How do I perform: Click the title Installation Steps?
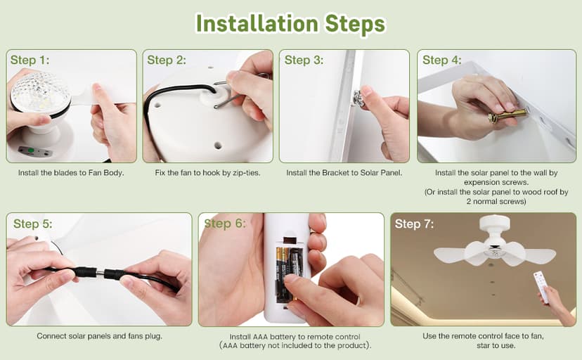click(x=290, y=24)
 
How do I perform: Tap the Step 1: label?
click(x=30, y=60)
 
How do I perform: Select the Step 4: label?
click(x=441, y=60)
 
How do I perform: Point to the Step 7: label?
click(x=414, y=224)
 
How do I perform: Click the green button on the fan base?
click(x=31, y=150)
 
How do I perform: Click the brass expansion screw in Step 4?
click(x=507, y=115)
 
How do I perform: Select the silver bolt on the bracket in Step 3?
click(x=358, y=98)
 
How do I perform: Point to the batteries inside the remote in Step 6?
click(x=289, y=274)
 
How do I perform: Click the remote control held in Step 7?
click(x=541, y=286)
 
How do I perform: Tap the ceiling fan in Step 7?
click(x=495, y=243)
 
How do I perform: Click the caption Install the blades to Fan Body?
click(x=71, y=172)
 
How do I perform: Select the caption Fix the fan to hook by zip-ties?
click(x=207, y=172)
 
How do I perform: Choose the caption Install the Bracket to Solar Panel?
click(x=344, y=172)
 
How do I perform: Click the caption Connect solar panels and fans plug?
click(x=100, y=336)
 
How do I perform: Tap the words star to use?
click(x=496, y=345)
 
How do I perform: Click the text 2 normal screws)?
click(x=496, y=202)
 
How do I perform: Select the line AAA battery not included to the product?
click(x=295, y=346)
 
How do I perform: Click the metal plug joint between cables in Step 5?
click(x=101, y=274)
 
